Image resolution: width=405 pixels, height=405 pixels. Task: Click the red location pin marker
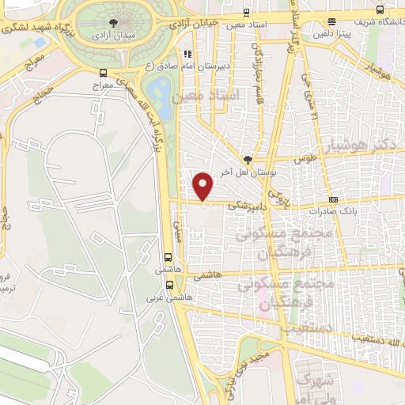click(204, 187)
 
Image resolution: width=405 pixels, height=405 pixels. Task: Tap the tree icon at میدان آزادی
click(115, 23)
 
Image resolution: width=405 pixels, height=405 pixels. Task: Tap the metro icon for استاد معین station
click(248, 13)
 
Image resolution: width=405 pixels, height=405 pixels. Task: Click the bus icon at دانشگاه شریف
click(381, 10)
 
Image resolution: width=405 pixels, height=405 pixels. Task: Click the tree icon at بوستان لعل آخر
click(248, 158)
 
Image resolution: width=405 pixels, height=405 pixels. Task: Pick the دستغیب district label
click(289, 325)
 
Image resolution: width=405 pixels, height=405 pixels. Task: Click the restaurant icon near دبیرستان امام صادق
click(187, 55)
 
